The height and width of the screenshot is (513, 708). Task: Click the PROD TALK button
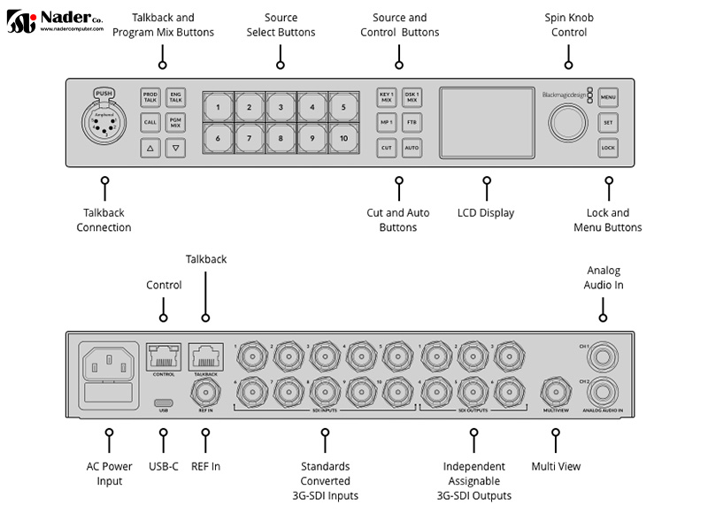(150, 97)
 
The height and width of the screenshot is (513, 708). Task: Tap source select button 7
(250, 139)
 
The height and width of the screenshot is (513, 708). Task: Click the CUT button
(387, 148)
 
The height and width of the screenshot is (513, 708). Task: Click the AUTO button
(412, 148)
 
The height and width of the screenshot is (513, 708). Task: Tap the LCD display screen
(485, 123)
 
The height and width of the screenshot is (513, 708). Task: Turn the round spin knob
(566, 123)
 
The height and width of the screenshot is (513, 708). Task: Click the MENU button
(607, 96)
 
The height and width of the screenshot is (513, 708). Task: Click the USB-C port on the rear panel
(163, 399)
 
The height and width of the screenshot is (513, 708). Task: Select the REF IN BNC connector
(204, 390)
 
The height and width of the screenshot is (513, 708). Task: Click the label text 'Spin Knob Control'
(568, 25)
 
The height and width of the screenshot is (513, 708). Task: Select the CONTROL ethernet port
(164, 356)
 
